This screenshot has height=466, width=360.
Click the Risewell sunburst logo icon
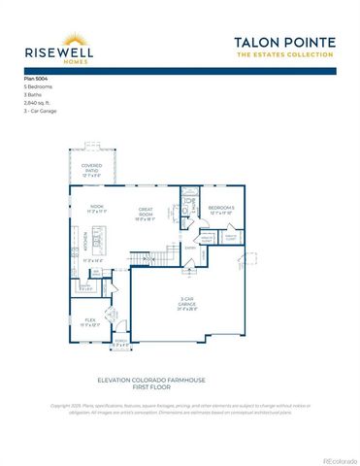click(72, 39)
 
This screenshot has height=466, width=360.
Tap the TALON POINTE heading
click(284, 43)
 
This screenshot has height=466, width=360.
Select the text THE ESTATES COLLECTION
click(284, 55)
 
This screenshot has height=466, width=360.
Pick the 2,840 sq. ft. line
click(38, 101)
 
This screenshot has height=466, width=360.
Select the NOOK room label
click(97, 207)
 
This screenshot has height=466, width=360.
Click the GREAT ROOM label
click(146, 210)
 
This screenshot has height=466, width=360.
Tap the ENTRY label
click(191, 248)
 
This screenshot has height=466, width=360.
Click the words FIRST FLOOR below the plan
click(180, 385)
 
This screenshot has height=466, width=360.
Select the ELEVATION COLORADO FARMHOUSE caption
click(180, 379)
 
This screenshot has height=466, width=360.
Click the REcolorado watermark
click(339, 459)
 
